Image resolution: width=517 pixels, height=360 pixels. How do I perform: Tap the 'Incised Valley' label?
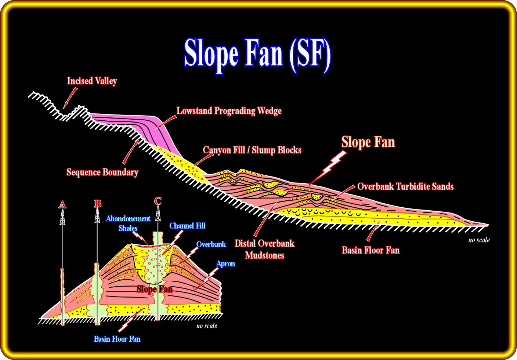coord(92,81)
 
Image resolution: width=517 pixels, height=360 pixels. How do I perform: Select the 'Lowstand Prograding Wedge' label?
coord(229,111)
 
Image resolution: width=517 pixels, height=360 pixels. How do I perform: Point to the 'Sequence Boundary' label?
coord(102,172)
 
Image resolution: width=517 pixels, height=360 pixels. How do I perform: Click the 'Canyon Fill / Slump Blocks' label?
coord(252,150)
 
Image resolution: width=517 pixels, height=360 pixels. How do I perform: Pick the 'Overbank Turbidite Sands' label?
coord(405,186)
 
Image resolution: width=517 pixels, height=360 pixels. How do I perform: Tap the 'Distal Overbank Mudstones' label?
coord(264,249)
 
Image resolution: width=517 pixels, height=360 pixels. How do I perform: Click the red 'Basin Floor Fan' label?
coord(370,250)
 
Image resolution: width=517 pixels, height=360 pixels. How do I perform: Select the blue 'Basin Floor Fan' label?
coord(117,339)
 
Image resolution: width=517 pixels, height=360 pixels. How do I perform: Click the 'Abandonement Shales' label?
coord(128,223)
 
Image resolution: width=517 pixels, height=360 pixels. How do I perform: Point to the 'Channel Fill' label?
coord(187,226)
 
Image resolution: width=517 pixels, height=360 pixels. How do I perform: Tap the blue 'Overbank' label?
coord(211,244)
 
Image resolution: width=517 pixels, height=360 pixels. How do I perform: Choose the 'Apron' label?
coord(225,263)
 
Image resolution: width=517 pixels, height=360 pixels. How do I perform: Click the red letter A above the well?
coord(62,204)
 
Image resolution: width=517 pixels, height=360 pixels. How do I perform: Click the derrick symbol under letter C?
coord(158,213)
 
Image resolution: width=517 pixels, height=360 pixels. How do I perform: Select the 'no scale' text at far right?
coord(479,240)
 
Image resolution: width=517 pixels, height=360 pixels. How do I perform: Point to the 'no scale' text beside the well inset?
coord(207,326)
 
